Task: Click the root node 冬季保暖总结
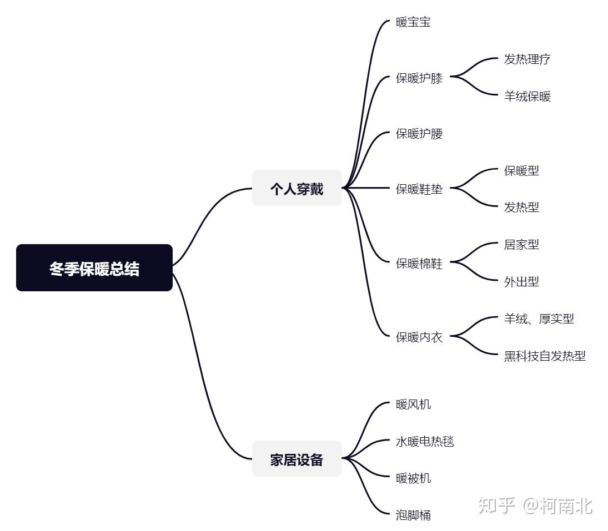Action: (x=94, y=268)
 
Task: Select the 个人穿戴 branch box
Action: (x=297, y=188)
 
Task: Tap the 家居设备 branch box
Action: (x=297, y=459)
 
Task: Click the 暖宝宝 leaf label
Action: (x=413, y=23)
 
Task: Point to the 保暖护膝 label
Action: (x=419, y=78)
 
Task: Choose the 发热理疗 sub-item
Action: (x=527, y=59)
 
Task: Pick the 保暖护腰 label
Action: (x=419, y=134)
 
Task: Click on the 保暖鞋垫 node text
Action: (x=419, y=189)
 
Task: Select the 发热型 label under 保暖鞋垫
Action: (x=521, y=207)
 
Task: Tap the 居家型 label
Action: (x=521, y=244)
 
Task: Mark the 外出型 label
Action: (x=521, y=282)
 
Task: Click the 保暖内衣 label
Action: (x=419, y=337)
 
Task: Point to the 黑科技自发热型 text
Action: (x=545, y=356)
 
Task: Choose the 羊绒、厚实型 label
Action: (x=539, y=318)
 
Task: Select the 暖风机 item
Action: (x=413, y=404)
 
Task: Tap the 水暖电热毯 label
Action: (x=425, y=442)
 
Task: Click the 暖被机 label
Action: (x=413, y=478)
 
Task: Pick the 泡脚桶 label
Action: (x=413, y=515)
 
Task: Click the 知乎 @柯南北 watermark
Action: (x=535, y=505)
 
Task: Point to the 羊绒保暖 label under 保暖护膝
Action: (x=527, y=97)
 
